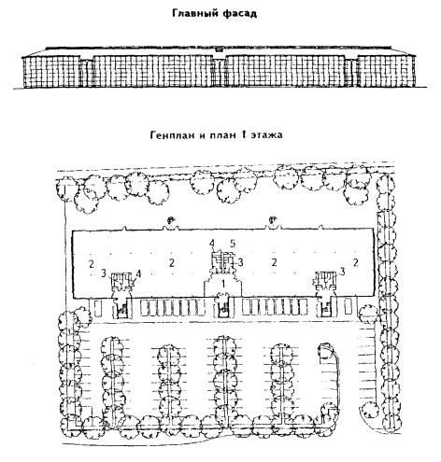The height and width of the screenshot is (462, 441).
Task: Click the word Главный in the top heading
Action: (192, 14)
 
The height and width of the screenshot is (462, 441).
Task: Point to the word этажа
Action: (267, 135)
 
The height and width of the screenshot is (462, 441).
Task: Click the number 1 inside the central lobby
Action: (222, 284)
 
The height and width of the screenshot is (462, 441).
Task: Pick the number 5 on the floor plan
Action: (232, 244)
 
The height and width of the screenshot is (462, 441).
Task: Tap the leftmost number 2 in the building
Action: (91, 264)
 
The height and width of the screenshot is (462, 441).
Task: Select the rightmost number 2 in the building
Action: (356, 262)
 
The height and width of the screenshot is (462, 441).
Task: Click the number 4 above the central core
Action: (212, 244)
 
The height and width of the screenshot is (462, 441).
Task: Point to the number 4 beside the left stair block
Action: (138, 273)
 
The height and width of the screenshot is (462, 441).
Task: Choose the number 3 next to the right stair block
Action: (342, 272)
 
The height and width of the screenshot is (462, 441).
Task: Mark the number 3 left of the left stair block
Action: (104, 273)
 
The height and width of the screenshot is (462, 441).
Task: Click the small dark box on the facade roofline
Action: (220, 49)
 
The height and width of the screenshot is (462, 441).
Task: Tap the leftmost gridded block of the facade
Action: (51, 72)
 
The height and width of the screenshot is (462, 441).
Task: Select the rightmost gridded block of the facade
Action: (387, 71)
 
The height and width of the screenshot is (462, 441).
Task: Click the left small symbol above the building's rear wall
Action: (171, 221)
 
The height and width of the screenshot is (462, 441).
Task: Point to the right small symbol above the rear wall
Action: (273, 220)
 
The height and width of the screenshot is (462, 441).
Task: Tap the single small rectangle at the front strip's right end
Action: (349, 306)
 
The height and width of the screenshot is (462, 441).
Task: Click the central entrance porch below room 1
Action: (223, 306)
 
